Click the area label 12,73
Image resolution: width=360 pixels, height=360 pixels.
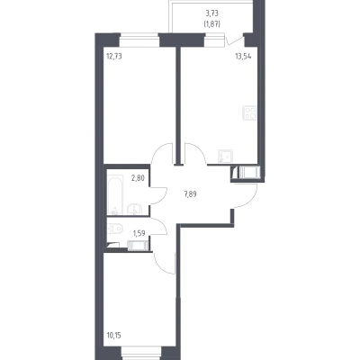click(x=114, y=56)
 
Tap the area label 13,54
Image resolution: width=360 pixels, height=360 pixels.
click(x=243, y=56)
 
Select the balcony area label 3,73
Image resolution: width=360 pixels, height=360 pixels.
click(x=212, y=13)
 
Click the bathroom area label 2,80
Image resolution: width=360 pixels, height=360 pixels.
click(x=138, y=178)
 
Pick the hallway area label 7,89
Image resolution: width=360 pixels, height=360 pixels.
click(x=190, y=194)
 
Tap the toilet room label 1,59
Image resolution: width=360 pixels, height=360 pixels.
click(x=139, y=233)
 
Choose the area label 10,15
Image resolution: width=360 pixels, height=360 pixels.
click(x=114, y=335)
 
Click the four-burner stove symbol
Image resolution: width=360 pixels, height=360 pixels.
click(x=250, y=112)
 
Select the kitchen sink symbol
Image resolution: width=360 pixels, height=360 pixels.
click(x=225, y=156)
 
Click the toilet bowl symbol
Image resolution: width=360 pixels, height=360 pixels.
click(x=114, y=229)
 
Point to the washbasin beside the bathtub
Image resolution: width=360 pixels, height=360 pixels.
click(x=135, y=209)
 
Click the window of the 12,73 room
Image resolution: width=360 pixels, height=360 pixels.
click(x=139, y=40)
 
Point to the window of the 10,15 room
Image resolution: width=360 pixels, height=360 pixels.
click(x=141, y=357)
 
